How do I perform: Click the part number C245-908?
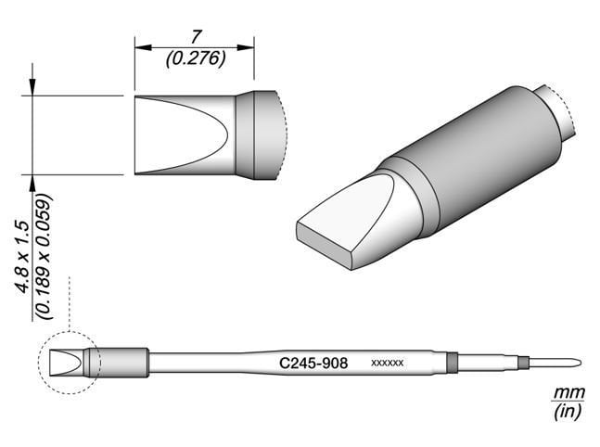pyautogui.click(x=313, y=364)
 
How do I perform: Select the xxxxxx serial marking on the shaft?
pyautogui.click(x=387, y=364)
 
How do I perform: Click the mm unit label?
pyautogui.click(x=562, y=393)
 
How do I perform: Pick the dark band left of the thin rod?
pyautogui.click(x=452, y=363)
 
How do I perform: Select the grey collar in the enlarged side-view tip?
pyautogui.click(x=258, y=135)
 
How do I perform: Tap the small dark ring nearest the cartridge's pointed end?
pyautogui.click(x=523, y=363)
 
